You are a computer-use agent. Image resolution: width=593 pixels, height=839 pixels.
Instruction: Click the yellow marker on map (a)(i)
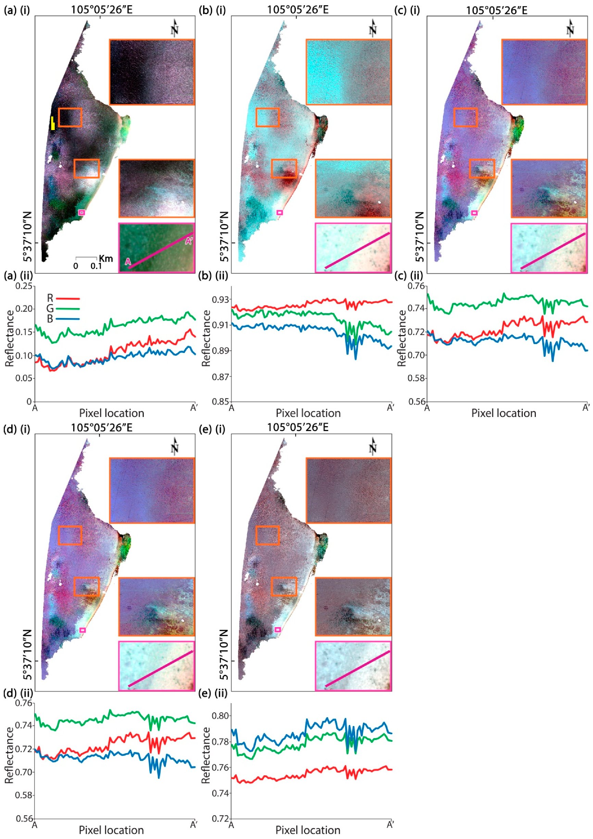pyautogui.click(x=53, y=123)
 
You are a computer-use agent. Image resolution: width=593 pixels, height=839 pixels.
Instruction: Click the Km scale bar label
pyautogui.click(x=106, y=259)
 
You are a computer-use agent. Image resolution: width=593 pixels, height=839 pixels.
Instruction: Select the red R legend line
pyautogui.click(x=68, y=298)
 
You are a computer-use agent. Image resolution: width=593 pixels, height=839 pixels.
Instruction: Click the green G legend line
pyautogui.click(x=68, y=309)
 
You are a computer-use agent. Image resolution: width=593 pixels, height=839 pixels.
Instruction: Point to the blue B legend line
pyautogui.click(x=68, y=319)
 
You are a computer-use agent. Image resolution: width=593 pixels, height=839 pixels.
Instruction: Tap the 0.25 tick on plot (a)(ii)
pyautogui.click(x=24, y=286)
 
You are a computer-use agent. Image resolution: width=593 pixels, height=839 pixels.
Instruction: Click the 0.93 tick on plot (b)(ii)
pyautogui.click(x=220, y=300)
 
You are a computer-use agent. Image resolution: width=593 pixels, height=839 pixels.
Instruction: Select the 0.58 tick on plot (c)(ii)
pyautogui.click(x=416, y=378)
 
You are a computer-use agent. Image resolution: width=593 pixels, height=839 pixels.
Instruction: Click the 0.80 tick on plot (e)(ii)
pyautogui.click(x=220, y=715)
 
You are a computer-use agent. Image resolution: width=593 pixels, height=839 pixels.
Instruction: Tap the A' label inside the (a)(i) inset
pyautogui.click(x=189, y=241)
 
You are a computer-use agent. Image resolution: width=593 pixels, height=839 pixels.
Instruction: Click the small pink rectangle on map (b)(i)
pyautogui.click(x=280, y=212)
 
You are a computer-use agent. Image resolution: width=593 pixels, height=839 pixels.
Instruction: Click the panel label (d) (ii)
pyautogui.click(x=18, y=693)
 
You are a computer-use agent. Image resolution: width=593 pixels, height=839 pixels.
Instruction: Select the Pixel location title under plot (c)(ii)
pyautogui.click(x=503, y=413)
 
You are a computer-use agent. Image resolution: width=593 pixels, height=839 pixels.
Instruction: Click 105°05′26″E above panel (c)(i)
pyautogui.click(x=496, y=10)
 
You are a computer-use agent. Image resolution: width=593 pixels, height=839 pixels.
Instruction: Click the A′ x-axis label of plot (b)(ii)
pyautogui.click(x=390, y=407)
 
